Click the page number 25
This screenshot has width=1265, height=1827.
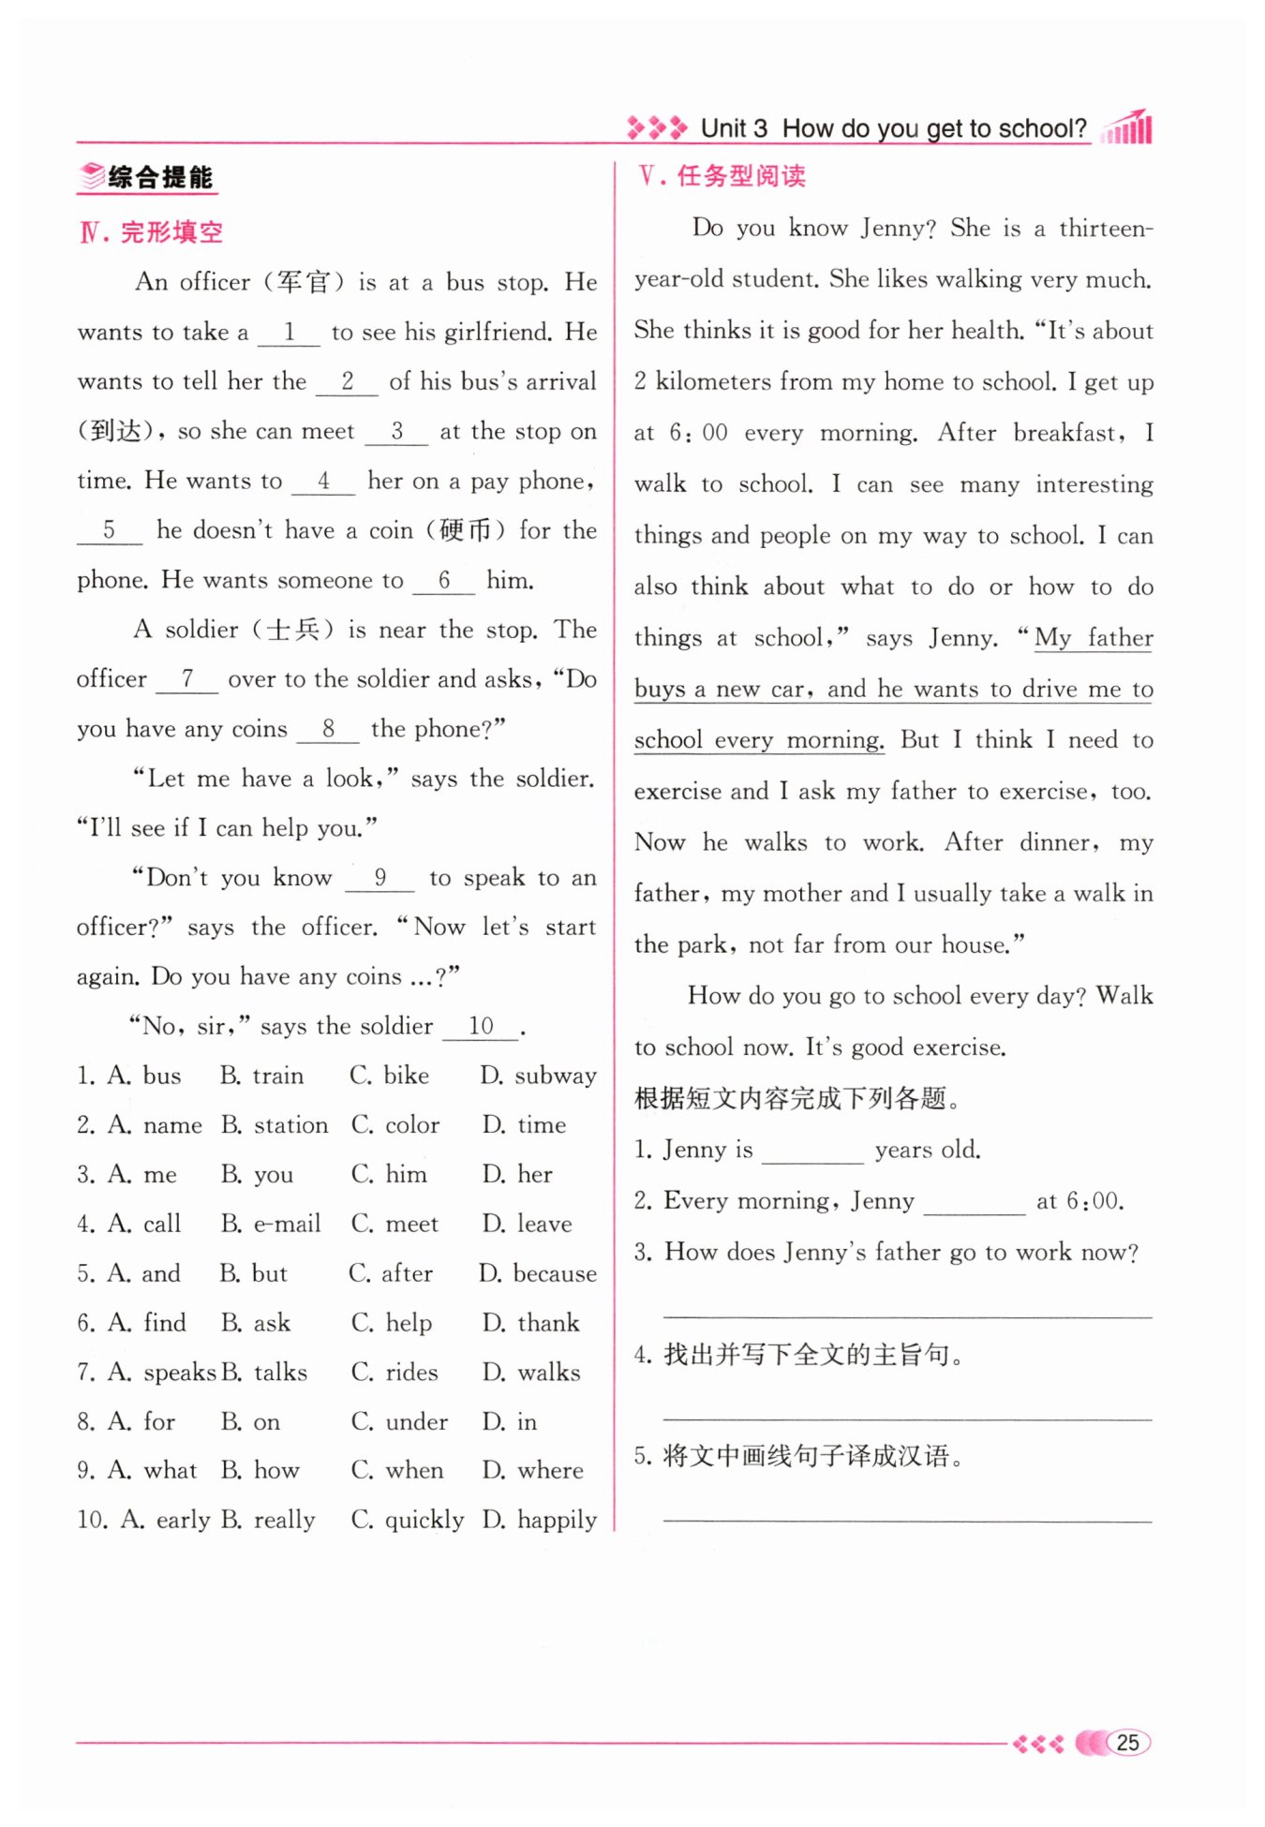tap(1127, 1743)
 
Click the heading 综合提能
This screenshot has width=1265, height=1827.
tap(159, 177)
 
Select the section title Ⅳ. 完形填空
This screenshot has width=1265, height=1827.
tap(152, 231)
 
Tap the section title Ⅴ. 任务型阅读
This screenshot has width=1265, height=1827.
tap(722, 176)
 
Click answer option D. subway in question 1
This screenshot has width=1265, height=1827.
tap(539, 1076)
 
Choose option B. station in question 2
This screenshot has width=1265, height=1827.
tap(275, 1125)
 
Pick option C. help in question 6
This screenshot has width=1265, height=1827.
tap(392, 1323)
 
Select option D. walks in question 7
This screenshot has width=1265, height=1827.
tap(531, 1373)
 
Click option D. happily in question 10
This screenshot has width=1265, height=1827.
tap(540, 1520)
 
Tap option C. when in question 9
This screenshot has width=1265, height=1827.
tap(397, 1471)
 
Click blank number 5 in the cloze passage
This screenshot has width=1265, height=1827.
tap(109, 531)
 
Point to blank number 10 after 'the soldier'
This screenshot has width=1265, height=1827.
tap(481, 1027)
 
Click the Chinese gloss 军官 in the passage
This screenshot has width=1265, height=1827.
tap(304, 282)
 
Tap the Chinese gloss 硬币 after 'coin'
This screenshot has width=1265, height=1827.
tap(466, 531)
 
